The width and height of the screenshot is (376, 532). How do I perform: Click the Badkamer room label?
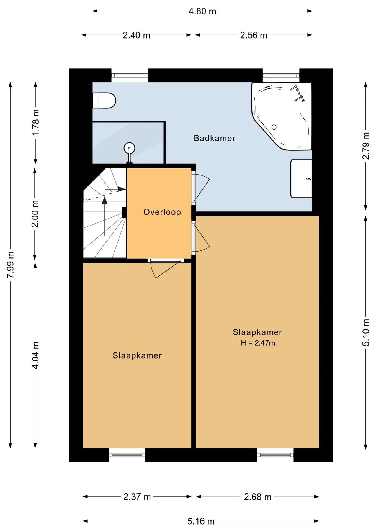pyautogui.click(x=214, y=138)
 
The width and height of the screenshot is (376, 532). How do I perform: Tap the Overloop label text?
pyautogui.click(x=162, y=212)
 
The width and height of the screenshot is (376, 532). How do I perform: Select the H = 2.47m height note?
pyautogui.click(x=258, y=343)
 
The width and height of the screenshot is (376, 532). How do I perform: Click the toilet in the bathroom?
pyautogui.click(x=104, y=100)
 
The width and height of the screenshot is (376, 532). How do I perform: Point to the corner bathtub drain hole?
pyautogui.click(x=274, y=127)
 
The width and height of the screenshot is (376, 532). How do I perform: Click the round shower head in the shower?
pyautogui.click(x=129, y=148)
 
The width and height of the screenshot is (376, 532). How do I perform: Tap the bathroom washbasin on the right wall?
pyautogui.click(x=302, y=179)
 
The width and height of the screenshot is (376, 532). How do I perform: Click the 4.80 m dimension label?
pyautogui.click(x=202, y=11)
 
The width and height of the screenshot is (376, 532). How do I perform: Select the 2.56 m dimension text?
pyautogui.click(x=254, y=35)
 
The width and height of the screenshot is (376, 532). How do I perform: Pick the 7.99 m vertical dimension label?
pyautogui.click(x=11, y=265)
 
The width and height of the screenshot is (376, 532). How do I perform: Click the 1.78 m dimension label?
pyautogui.click(x=36, y=122)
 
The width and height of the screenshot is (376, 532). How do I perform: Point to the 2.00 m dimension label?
pyautogui.click(x=35, y=214)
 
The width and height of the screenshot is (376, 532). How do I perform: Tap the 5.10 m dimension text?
pyautogui.click(x=366, y=332)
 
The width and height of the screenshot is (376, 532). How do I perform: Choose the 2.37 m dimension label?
pyautogui.click(x=137, y=497)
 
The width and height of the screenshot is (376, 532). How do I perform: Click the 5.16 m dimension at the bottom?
pyautogui.click(x=201, y=521)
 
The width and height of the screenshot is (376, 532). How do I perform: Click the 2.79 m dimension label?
pyautogui.click(x=366, y=146)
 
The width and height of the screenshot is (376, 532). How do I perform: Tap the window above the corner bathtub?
pyautogui.click(x=281, y=75)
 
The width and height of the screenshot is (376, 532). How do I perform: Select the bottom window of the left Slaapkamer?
pyautogui.click(x=127, y=455)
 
